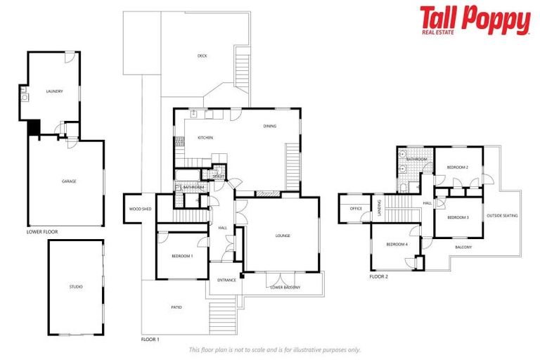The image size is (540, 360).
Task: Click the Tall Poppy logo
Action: (475, 20)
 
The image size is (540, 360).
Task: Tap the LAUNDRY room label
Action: (55, 91)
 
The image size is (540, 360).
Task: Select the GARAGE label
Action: (69, 181)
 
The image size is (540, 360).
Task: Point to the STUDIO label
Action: (76, 287)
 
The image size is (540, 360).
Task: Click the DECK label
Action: (202, 56)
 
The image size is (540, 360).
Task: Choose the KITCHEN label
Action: (205, 138)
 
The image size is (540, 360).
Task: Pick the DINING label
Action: (270, 127)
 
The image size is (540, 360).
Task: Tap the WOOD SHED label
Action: (140, 209)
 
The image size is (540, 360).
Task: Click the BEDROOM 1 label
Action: (182, 256)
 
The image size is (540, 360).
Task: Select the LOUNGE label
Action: (283, 236)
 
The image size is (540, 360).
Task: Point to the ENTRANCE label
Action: (226, 280)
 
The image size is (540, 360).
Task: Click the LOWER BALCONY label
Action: (285, 287)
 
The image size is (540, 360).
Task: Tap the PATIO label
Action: (176, 307)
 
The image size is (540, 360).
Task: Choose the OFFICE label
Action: (356, 208)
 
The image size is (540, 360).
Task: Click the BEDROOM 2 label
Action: (458, 167)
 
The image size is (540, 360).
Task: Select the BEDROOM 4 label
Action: (397, 244)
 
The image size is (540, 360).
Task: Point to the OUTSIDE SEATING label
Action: (502, 216)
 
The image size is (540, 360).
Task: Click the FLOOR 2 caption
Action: (379, 276)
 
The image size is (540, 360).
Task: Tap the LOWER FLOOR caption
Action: (42, 231)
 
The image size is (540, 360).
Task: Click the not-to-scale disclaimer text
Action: (275, 349)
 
